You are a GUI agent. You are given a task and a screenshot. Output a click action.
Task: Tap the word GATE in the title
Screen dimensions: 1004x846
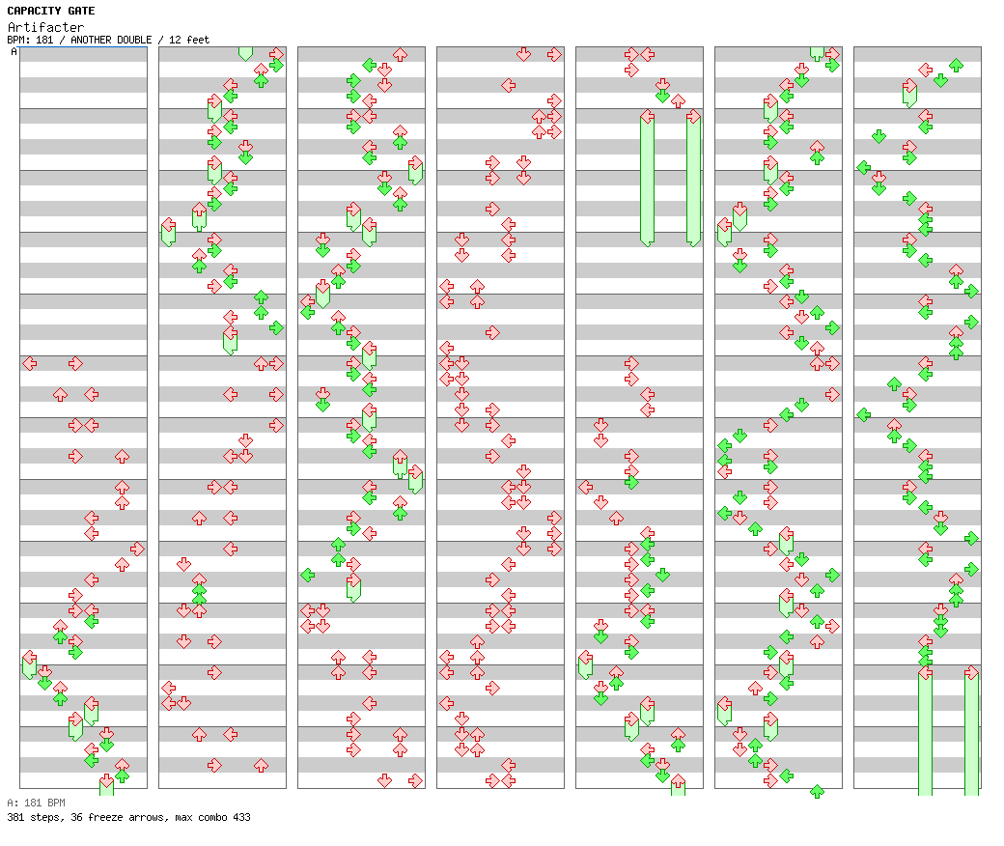[81, 11]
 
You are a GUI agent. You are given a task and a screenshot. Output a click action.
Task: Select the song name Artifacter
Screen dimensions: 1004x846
[45, 27]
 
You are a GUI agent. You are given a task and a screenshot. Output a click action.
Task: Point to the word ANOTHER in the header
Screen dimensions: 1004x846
[91, 40]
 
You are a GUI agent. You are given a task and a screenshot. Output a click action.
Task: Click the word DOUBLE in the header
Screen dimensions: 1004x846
[134, 40]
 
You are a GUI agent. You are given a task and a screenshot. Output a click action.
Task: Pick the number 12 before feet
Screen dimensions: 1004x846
[174, 40]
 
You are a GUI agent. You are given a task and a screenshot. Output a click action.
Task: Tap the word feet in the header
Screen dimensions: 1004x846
[198, 40]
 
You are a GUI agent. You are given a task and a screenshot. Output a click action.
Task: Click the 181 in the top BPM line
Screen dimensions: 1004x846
[44, 40]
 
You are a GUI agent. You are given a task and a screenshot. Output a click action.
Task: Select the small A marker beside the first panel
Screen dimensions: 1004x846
[14, 51]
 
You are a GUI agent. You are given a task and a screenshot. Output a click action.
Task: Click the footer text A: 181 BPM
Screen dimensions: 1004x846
[36, 803]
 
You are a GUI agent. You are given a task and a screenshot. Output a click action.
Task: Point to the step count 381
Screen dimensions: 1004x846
[15, 817]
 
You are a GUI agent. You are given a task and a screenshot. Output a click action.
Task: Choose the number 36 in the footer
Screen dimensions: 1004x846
[77, 817]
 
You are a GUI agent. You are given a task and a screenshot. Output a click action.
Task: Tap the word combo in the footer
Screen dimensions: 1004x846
[212, 817]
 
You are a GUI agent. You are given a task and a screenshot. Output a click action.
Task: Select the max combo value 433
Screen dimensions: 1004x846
[242, 817]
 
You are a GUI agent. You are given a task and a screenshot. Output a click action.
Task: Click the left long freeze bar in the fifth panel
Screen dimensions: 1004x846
[648, 180]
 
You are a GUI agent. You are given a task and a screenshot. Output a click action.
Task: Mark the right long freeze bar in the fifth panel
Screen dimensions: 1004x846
[693, 180]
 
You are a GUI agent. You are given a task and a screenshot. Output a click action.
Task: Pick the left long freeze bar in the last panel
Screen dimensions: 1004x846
[925, 732]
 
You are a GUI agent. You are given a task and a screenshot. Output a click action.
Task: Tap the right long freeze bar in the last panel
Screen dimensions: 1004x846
[971, 732]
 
